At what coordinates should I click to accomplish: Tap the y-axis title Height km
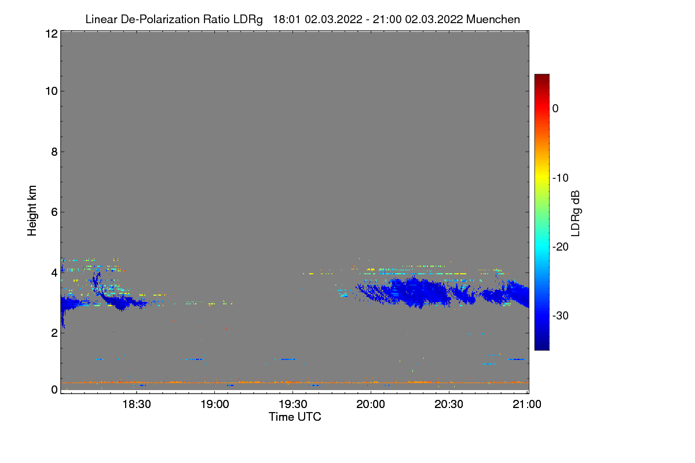click(32, 211)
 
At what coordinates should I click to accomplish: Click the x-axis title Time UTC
click(295, 417)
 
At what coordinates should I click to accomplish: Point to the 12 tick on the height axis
click(50, 34)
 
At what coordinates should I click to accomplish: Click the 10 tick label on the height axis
click(50, 91)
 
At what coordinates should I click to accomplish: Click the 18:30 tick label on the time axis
click(137, 405)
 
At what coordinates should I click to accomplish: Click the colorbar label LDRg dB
click(576, 213)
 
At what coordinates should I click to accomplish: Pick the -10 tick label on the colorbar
click(561, 178)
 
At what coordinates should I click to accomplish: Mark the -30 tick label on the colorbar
click(561, 316)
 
